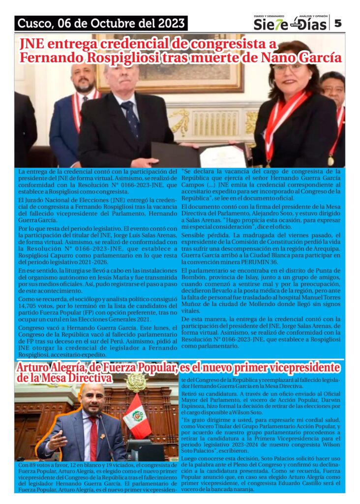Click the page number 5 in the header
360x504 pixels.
338,23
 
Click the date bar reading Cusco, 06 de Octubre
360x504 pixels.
101,23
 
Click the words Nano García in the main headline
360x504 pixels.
301,58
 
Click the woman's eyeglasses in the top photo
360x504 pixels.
288,67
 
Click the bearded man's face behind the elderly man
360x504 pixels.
83,77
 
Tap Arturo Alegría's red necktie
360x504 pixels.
93,438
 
